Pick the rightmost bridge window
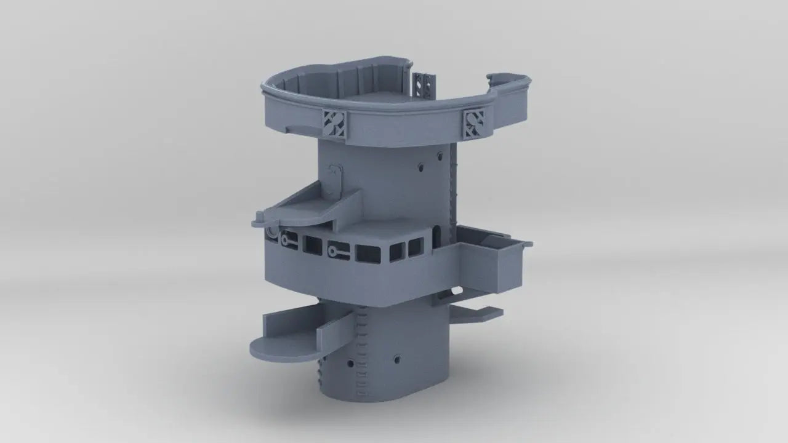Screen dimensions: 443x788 (416, 248)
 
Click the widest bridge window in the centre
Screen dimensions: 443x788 (369, 252)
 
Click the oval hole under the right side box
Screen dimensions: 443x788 (456, 290)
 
